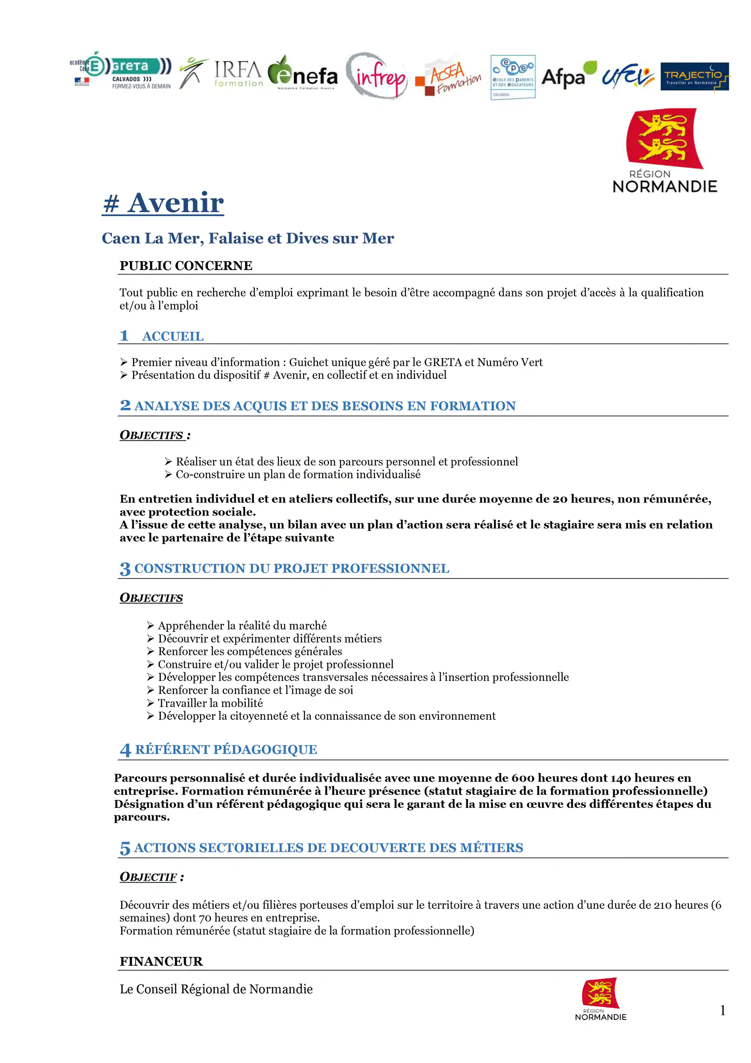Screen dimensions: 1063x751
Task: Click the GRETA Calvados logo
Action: (x=121, y=71)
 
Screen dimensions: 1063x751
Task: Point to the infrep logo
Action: (x=377, y=76)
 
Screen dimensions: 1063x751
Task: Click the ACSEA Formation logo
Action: (x=448, y=78)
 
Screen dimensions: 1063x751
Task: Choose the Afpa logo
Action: (x=568, y=75)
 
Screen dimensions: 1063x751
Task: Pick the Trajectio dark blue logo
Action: (x=694, y=76)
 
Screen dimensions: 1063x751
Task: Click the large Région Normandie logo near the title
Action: (x=665, y=150)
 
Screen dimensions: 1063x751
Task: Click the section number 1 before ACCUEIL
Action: (x=124, y=336)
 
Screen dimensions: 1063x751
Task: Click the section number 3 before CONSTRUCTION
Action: (x=125, y=569)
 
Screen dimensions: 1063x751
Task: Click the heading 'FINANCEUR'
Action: (x=161, y=962)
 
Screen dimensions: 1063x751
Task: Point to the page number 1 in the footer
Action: (x=722, y=1011)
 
